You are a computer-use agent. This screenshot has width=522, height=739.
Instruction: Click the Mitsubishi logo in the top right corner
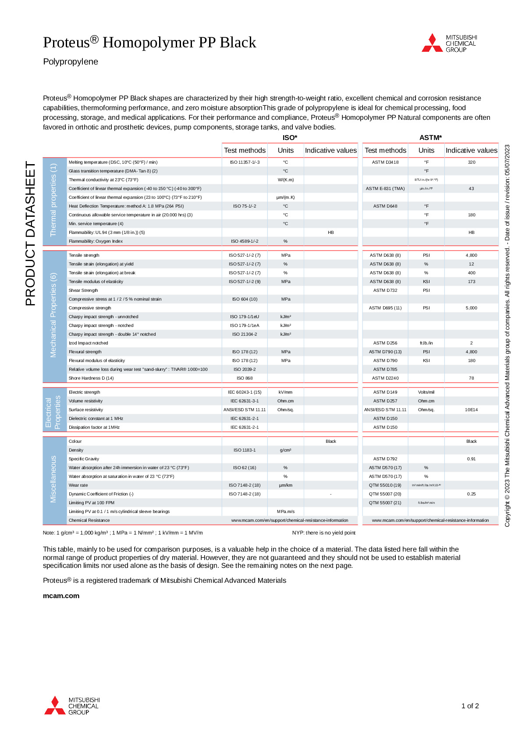tap(449, 43)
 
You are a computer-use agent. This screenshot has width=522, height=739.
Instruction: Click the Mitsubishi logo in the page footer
tap(72, 705)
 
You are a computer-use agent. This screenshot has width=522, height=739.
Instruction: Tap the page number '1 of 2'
tap(470, 706)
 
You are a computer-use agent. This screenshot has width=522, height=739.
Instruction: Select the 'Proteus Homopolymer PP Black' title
tap(149, 43)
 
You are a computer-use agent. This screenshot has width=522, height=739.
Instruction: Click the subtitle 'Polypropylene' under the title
tap(71, 62)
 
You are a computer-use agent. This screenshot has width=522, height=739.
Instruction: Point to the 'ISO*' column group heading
tap(290, 138)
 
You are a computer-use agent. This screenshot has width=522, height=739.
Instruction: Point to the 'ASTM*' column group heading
tap(430, 138)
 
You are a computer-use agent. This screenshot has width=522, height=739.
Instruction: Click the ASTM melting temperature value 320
tap(471, 162)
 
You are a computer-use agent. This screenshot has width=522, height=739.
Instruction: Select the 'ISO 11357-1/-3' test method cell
tap(245, 162)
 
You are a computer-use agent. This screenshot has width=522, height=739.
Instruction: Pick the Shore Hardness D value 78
tap(471, 378)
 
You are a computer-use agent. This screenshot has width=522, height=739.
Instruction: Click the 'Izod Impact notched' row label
tap(88, 343)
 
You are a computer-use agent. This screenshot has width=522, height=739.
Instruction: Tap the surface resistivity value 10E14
tap(471, 410)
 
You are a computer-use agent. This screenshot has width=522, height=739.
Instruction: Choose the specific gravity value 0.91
tap(471, 459)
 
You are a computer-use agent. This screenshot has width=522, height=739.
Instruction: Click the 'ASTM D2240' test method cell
tap(385, 378)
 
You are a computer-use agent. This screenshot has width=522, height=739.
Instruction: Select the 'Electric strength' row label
tap(84, 392)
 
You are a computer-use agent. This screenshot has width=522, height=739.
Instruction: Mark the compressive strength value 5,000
tap(471, 308)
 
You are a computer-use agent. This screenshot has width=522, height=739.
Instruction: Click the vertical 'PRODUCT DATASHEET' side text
tap(30, 233)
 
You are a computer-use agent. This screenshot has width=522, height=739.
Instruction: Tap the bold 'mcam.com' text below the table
tap(61, 596)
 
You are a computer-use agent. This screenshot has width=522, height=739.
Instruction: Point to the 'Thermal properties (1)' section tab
tap(53, 200)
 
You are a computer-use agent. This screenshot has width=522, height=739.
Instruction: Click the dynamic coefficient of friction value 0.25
tap(471, 494)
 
